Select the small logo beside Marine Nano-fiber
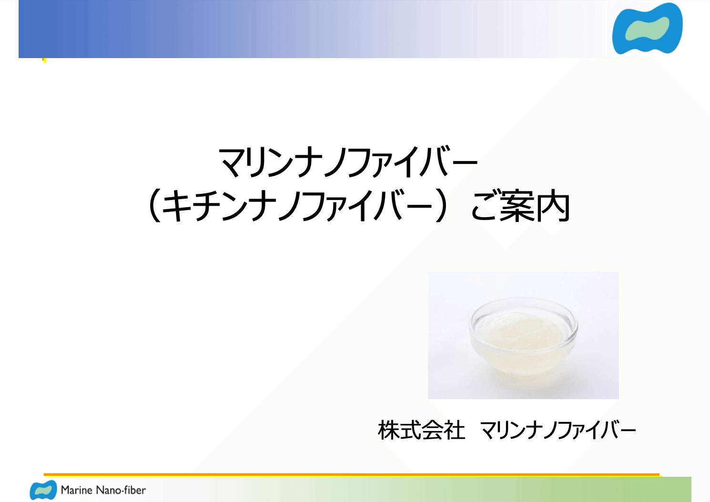pyautogui.click(x=43, y=490)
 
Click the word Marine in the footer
pyautogui.click(x=76, y=490)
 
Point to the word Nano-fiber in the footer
pyautogui.click(x=121, y=490)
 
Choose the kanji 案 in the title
pyautogui.click(x=517, y=207)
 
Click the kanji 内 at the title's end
pyautogui.click(x=553, y=207)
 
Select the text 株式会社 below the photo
pyautogui.click(x=421, y=430)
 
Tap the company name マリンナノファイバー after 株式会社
pyautogui.click(x=558, y=430)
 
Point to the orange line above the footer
pyautogui.click(x=352, y=474)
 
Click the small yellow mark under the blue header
pyautogui.click(x=44, y=60)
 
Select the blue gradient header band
pyautogui.click(x=286, y=29)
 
